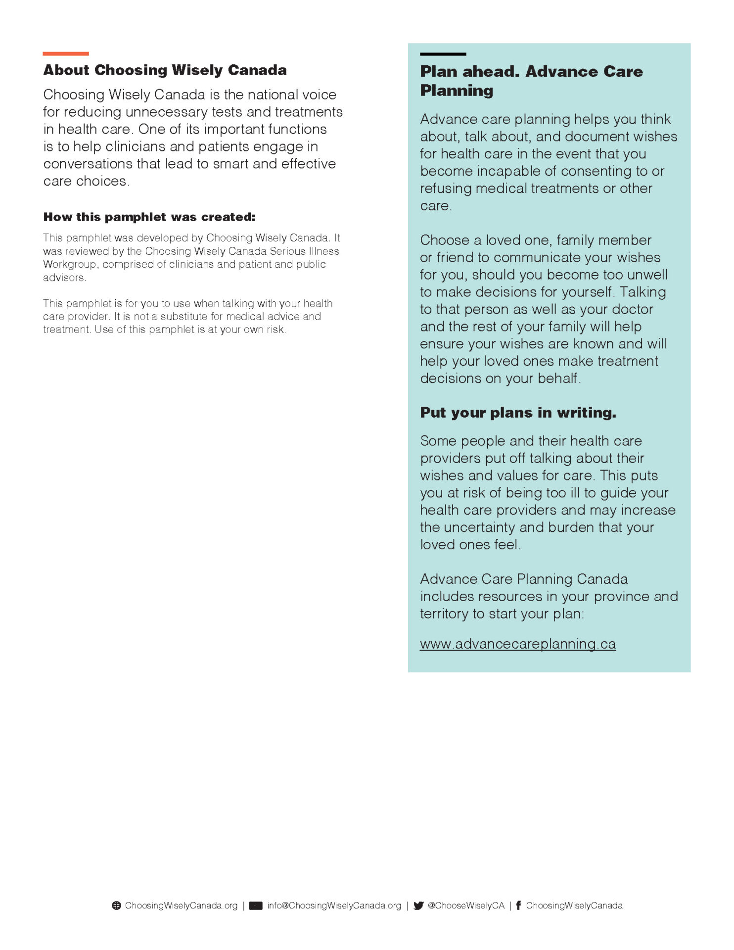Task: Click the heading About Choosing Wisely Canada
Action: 165,70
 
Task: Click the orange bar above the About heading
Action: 65,53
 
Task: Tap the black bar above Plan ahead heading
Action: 443,54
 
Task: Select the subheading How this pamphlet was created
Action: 149,217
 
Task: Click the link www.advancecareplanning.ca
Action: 517,644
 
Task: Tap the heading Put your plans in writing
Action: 518,413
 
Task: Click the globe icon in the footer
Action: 117,905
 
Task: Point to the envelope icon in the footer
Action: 256,906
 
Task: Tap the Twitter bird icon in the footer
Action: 418,906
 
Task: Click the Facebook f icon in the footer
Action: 518,905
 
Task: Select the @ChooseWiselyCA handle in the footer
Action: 466,905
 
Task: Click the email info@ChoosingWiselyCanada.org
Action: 334,905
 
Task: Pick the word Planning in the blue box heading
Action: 457,91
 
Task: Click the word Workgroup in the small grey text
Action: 70,264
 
